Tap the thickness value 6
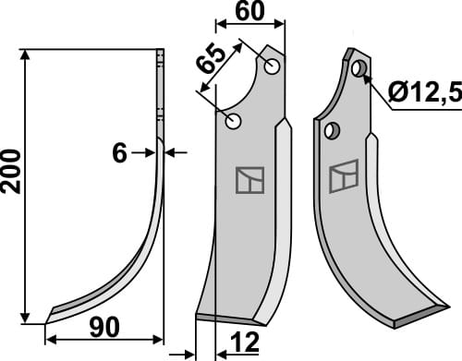click(x=119, y=153)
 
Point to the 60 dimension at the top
click(x=249, y=12)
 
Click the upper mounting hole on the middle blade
click(x=272, y=66)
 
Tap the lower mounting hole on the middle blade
click(x=235, y=121)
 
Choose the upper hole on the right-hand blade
click(x=359, y=68)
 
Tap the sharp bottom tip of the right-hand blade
click(x=395, y=324)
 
